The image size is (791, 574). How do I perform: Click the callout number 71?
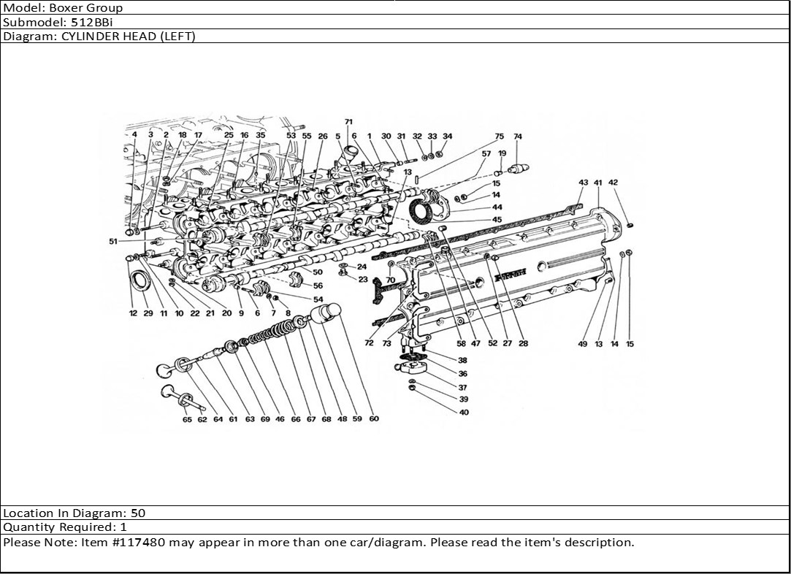(348, 122)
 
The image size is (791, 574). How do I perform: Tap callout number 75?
(499, 137)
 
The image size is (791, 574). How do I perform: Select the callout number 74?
(518, 137)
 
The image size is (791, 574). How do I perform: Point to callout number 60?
(374, 419)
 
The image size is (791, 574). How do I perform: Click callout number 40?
(464, 412)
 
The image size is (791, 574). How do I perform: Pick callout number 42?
(613, 183)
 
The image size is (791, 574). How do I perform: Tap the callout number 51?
(113, 242)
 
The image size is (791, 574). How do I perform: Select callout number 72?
(369, 343)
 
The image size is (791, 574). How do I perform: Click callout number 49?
(583, 344)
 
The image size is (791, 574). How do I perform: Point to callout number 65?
(188, 420)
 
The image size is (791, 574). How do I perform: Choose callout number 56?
(318, 286)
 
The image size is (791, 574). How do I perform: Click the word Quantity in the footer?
(26, 527)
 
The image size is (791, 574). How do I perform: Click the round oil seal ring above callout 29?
(141, 280)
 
